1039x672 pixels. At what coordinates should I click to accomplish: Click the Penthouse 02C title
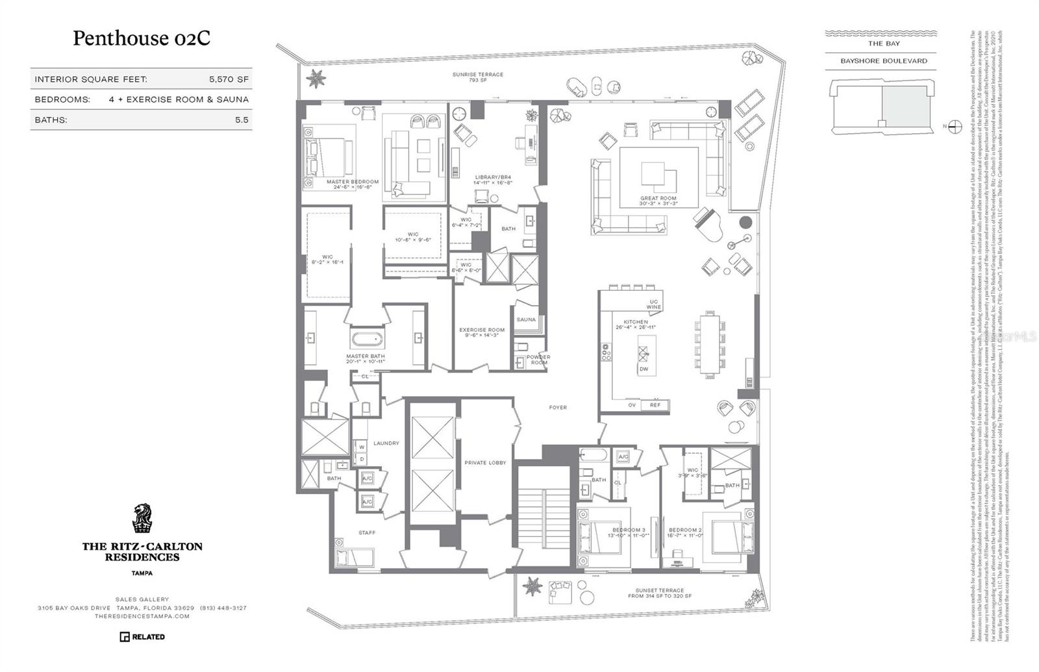click(141, 38)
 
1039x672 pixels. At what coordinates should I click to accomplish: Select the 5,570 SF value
click(229, 79)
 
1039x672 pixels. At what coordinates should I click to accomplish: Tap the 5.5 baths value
click(242, 120)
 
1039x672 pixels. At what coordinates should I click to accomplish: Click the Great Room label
click(658, 199)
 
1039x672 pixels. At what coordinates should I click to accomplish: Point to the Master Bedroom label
click(352, 182)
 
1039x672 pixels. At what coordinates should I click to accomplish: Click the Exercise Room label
click(482, 330)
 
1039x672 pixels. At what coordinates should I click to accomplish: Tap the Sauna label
click(526, 319)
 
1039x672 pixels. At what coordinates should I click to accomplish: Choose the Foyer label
click(558, 408)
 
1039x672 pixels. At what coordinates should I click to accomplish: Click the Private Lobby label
click(485, 463)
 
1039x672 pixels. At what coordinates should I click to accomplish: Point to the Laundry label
click(386, 443)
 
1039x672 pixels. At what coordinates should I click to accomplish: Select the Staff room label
click(367, 533)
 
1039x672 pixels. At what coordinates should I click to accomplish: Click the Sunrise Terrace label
click(478, 75)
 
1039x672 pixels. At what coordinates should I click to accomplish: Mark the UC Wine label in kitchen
click(654, 305)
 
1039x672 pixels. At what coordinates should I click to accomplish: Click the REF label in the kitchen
click(655, 405)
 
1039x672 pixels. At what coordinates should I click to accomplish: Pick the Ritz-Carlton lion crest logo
click(142, 518)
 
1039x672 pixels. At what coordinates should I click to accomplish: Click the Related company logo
click(142, 637)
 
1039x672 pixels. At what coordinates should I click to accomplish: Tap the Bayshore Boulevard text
click(884, 61)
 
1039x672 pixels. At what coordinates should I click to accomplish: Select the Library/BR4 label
click(494, 177)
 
